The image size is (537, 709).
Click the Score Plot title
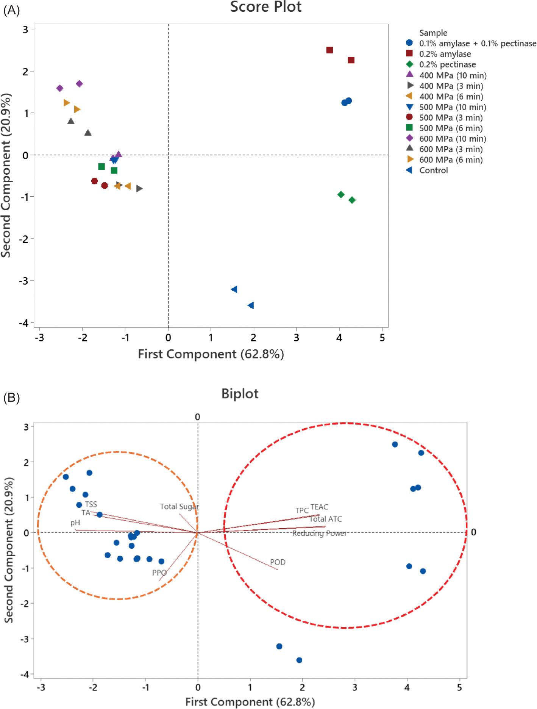(x=266, y=7)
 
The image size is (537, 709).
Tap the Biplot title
(x=240, y=394)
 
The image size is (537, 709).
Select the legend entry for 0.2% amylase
(x=445, y=54)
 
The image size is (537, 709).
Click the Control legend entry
(x=433, y=171)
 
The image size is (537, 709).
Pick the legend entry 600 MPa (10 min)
(x=452, y=139)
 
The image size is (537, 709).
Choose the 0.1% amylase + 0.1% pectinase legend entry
(x=477, y=44)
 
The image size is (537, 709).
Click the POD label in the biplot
(x=278, y=562)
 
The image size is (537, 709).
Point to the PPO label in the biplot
(x=159, y=573)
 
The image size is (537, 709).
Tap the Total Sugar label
(x=179, y=507)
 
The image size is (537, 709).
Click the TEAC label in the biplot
(x=319, y=507)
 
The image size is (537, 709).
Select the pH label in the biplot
(x=75, y=523)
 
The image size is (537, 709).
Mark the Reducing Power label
(x=319, y=533)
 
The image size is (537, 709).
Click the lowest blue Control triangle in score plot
(x=250, y=305)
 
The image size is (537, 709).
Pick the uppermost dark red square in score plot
(x=329, y=50)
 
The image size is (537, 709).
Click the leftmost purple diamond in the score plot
(x=60, y=88)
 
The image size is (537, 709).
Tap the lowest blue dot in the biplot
(x=299, y=660)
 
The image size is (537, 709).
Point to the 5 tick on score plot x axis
(x=382, y=338)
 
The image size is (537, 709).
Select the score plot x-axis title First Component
(x=211, y=354)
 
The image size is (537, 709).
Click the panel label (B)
(x=11, y=398)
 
